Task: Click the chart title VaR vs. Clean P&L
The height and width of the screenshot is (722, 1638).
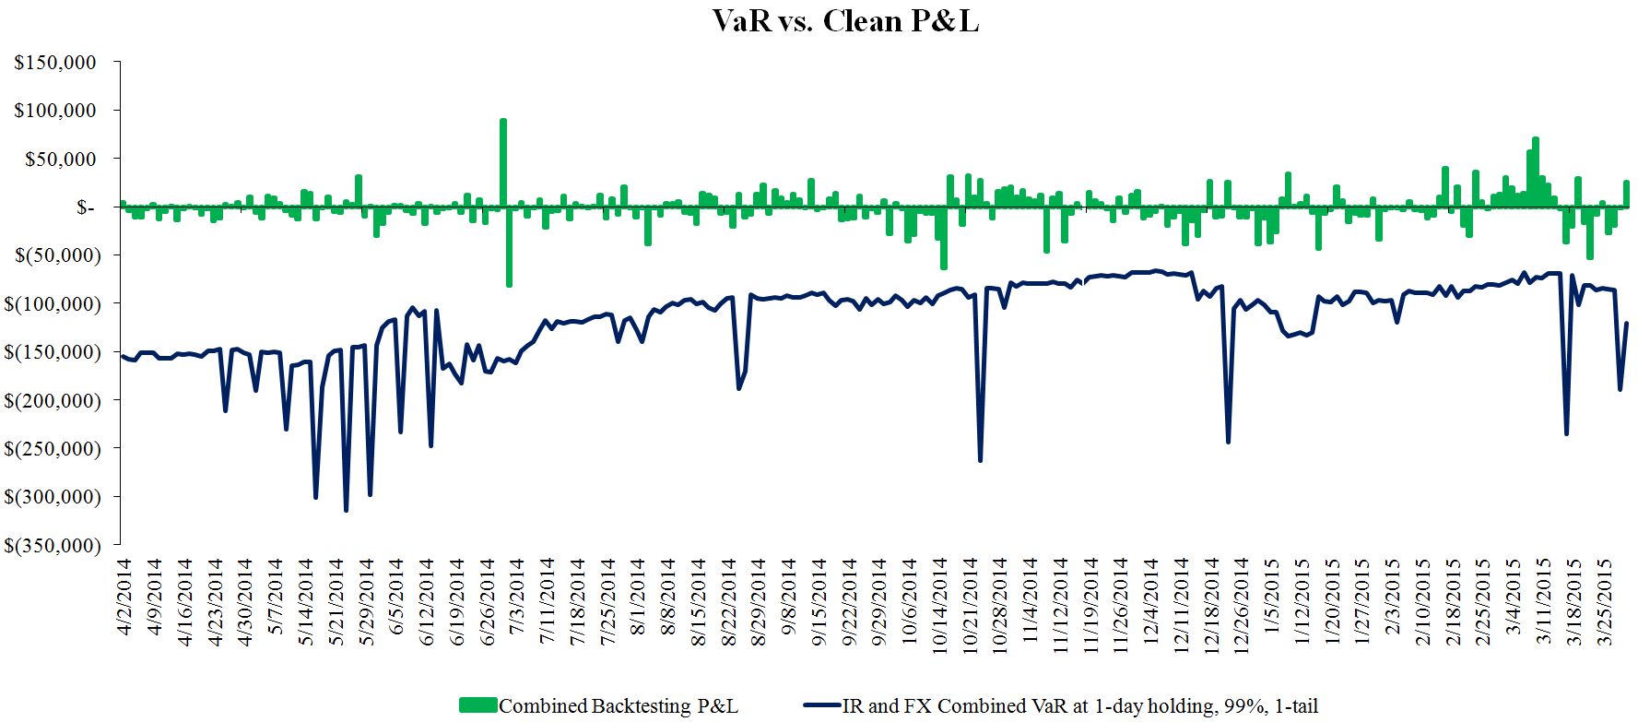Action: coord(844,20)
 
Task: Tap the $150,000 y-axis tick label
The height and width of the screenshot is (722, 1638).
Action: coord(55,63)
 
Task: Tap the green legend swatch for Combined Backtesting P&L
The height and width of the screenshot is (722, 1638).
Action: coord(477,705)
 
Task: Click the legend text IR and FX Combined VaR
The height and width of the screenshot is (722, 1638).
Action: coord(1079,705)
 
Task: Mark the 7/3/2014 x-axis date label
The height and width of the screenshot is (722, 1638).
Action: coord(518,591)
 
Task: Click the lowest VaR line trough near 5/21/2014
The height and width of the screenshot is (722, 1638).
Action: coord(346,510)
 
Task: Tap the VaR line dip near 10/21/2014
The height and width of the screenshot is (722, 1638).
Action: coord(979,460)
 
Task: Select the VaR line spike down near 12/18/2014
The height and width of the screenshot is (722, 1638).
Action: coord(1228,442)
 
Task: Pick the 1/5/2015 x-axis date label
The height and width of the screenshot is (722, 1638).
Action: coord(1274,591)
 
